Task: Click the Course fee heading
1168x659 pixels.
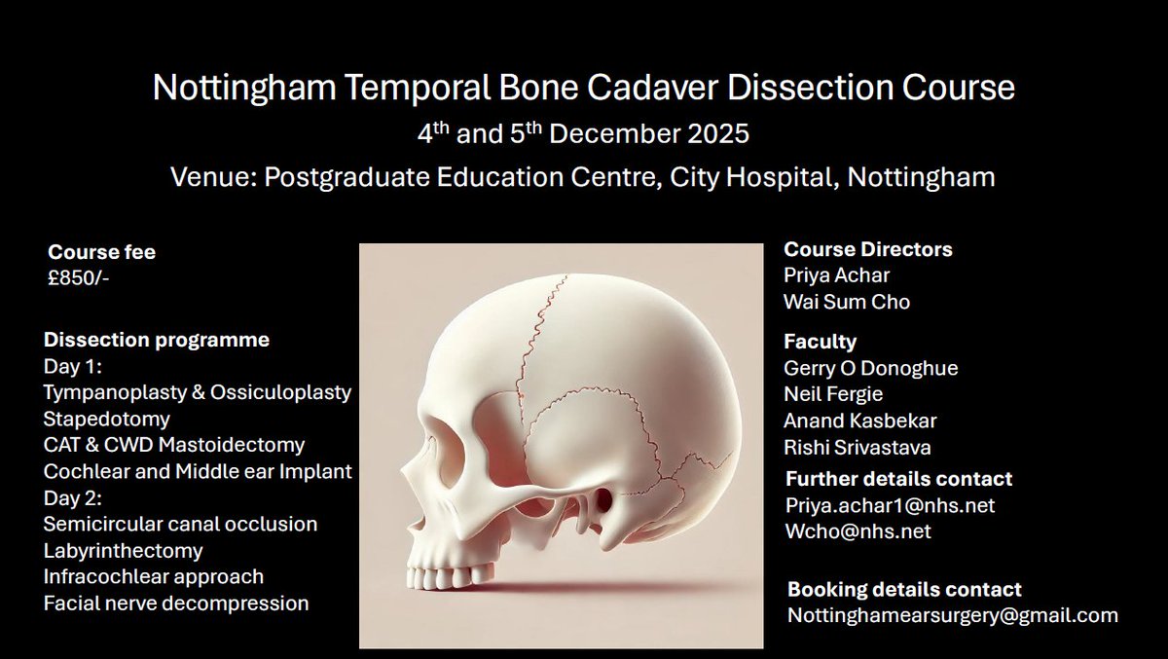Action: [101, 252]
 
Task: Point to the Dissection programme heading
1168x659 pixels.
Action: [157, 341]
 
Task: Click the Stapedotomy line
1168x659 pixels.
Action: [107, 419]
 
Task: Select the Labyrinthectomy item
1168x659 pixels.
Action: [123, 550]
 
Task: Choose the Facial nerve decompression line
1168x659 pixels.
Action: [176, 603]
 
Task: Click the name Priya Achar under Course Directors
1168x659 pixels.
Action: [836, 275]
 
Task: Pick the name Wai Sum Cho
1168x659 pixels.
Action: [847, 302]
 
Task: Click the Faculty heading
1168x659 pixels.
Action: [820, 342]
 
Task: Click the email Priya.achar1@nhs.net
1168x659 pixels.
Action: [890, 505]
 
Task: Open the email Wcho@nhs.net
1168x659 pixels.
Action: [858, 531]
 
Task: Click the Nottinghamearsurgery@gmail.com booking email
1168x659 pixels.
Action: [952, 615]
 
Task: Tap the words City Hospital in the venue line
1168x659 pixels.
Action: [739, 177]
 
